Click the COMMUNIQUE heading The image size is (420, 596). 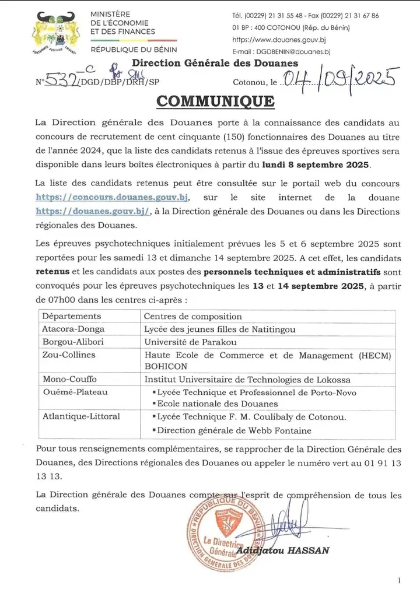click(x=215, y=100)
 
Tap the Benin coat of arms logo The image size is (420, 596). click(x=55, y=34)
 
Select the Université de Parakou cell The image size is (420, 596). click(x=190, y=342)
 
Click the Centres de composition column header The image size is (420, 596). click(x=192, y=316)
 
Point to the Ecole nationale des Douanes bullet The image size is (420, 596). click(x=215, y=404)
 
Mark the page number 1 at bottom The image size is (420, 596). click(x=399, y=580)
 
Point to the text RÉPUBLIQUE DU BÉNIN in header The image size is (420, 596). click(x=134, y=50)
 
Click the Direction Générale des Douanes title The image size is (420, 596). click(x=215, y=63)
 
